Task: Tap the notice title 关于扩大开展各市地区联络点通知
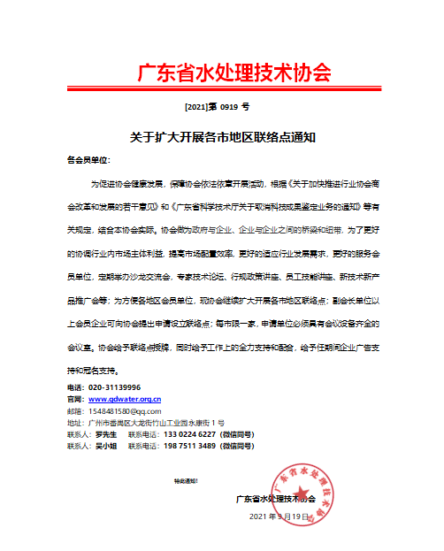click(222, 137)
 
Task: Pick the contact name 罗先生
click(108, 435)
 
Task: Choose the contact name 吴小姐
click(108, 447)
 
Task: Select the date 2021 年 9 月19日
click(281, 517)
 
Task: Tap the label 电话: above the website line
click(76, 388)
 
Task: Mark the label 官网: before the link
click(76, 400)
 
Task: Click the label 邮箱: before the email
click(76, 411)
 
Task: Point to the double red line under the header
click(221, 89)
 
